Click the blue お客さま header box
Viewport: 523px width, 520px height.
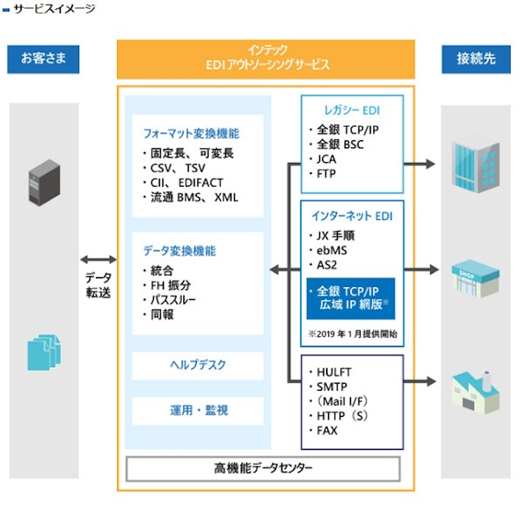pos(44,59)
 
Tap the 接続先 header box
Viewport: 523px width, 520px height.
pos(475,59)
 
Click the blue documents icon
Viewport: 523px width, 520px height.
pos(43,347)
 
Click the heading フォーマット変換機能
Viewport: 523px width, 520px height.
pos(190,133)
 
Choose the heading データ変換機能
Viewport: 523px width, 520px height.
pos(179,251)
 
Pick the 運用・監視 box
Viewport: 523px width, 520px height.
pos(198,411)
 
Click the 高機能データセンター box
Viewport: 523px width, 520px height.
pos(264,468)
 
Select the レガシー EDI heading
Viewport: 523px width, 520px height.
pos(351,110)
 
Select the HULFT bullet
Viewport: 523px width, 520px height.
pos(333,372)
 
